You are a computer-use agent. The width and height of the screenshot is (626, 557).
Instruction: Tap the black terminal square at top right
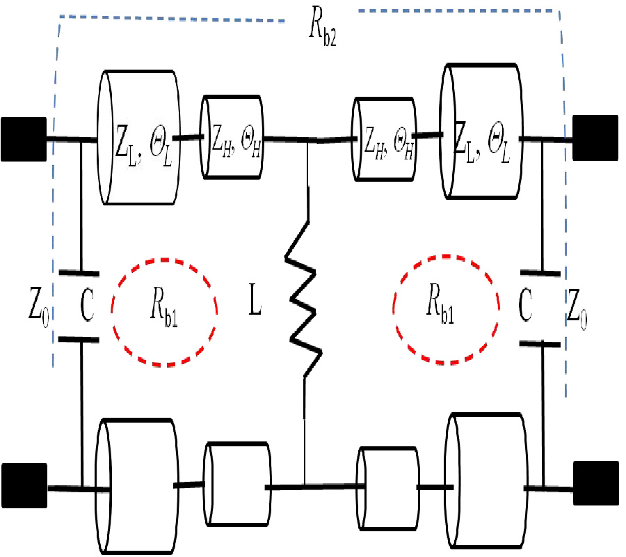tap(595, 137)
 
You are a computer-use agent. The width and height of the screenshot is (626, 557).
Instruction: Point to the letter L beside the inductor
tap(255, 305)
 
